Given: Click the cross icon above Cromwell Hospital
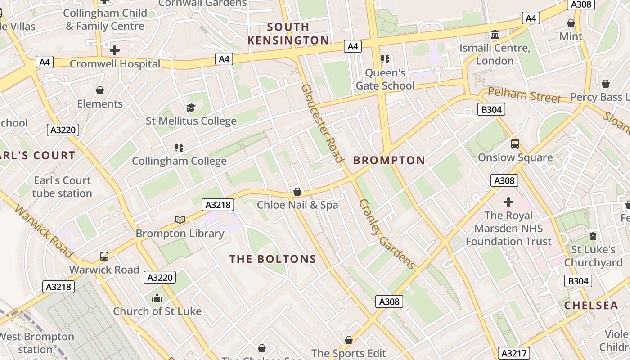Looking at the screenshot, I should [115, 50].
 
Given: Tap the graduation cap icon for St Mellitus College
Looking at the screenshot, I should [191, 108].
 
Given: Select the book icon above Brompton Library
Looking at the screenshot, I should [180, 220].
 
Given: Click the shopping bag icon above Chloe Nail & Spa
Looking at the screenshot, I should [297, 192].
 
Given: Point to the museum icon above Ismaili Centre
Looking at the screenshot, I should [495, 35].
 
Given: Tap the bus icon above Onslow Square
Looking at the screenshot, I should [515, 144].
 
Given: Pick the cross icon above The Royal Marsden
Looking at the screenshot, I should [508, 202].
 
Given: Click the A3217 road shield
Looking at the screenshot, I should [513, 353].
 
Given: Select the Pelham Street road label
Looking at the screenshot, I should [524, 95].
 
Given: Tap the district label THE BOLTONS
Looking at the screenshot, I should [273, 259].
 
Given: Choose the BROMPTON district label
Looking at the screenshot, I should [389, 160].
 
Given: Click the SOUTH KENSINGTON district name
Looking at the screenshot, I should [288, 34].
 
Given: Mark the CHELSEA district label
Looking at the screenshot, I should [591, 305].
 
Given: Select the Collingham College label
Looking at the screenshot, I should [179, 161].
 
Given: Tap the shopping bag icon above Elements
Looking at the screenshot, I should [100, 90].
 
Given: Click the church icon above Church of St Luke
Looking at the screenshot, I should [157, 298].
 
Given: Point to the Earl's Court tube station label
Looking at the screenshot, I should [62, 187].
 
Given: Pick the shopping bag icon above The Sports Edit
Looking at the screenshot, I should [349, 340].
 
